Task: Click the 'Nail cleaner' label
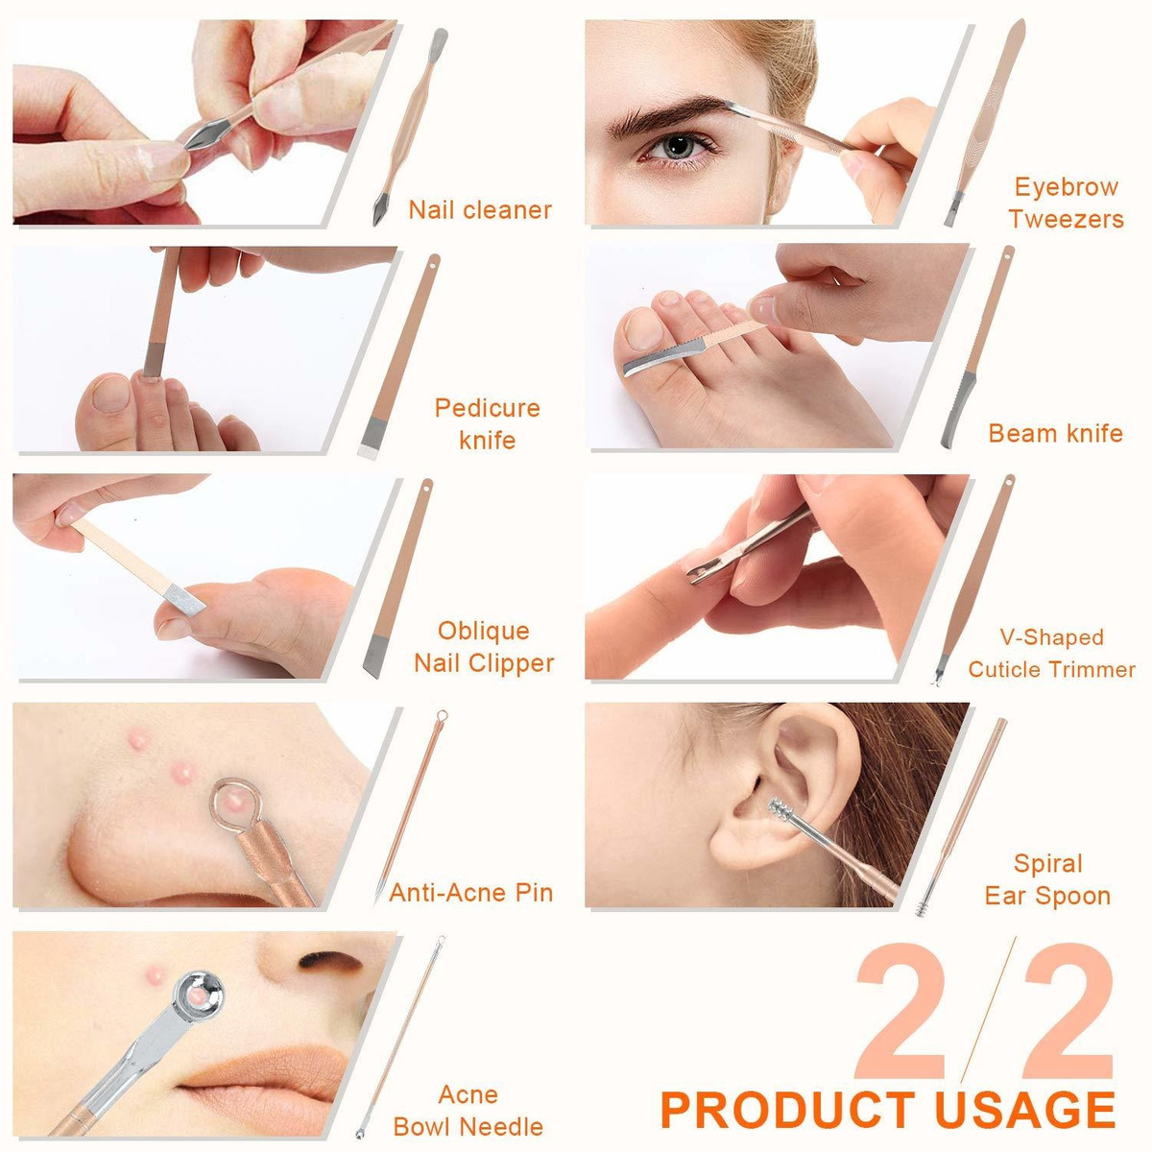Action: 480,210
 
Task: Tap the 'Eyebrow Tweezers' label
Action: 1066,203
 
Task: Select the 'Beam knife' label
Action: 1055,433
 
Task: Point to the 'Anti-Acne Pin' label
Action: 471,893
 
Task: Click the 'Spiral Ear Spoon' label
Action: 1048,879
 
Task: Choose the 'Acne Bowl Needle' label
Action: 468,1110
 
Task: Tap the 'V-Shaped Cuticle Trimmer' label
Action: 1051,653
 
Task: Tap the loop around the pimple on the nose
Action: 235,802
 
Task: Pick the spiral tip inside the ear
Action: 782,810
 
